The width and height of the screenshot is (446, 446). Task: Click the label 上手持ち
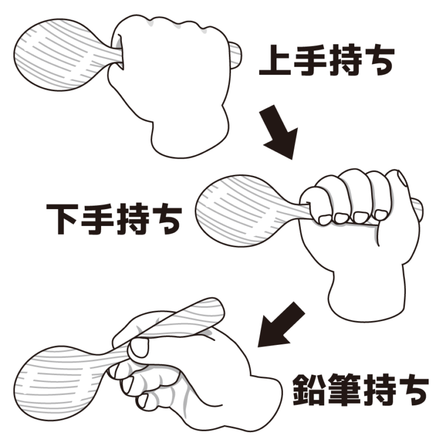326,60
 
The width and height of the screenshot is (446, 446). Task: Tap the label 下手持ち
114,218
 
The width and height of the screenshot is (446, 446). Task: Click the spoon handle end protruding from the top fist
236,56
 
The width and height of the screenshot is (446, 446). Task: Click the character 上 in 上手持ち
275,60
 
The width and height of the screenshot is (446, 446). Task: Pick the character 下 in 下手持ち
63,219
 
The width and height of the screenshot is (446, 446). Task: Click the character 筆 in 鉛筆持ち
344,390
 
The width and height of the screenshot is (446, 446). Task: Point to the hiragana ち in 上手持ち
379,60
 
